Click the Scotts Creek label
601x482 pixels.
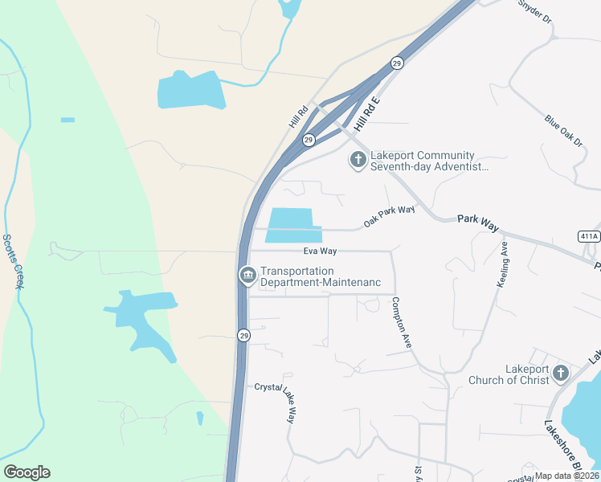tap(12, 262)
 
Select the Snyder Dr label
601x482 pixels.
tap(535, 9)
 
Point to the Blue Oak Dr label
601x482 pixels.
tap(563, 131)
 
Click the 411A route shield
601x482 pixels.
tap(589, 236)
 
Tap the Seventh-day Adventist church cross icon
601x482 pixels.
tap(358, 161)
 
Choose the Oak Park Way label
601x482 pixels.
tap(389, 215)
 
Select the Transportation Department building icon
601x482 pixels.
tap(247, 276)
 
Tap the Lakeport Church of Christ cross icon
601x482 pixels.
tap(560, 374)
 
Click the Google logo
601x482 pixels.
tap(27, 472)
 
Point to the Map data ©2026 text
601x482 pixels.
tap(566, 476)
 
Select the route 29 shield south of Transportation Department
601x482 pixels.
tap(243, 335)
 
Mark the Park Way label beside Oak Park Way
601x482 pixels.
tap(478, 223)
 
